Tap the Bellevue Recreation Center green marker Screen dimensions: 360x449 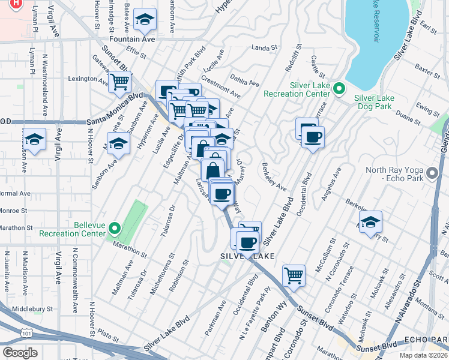[116, 229]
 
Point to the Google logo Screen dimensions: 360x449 [20, 353]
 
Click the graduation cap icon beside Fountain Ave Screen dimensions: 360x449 [145, 21]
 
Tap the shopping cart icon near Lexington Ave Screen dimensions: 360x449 [120, 82]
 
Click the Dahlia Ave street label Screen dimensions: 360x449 [246, 80]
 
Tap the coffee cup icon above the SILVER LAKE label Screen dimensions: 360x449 [247, 243]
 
